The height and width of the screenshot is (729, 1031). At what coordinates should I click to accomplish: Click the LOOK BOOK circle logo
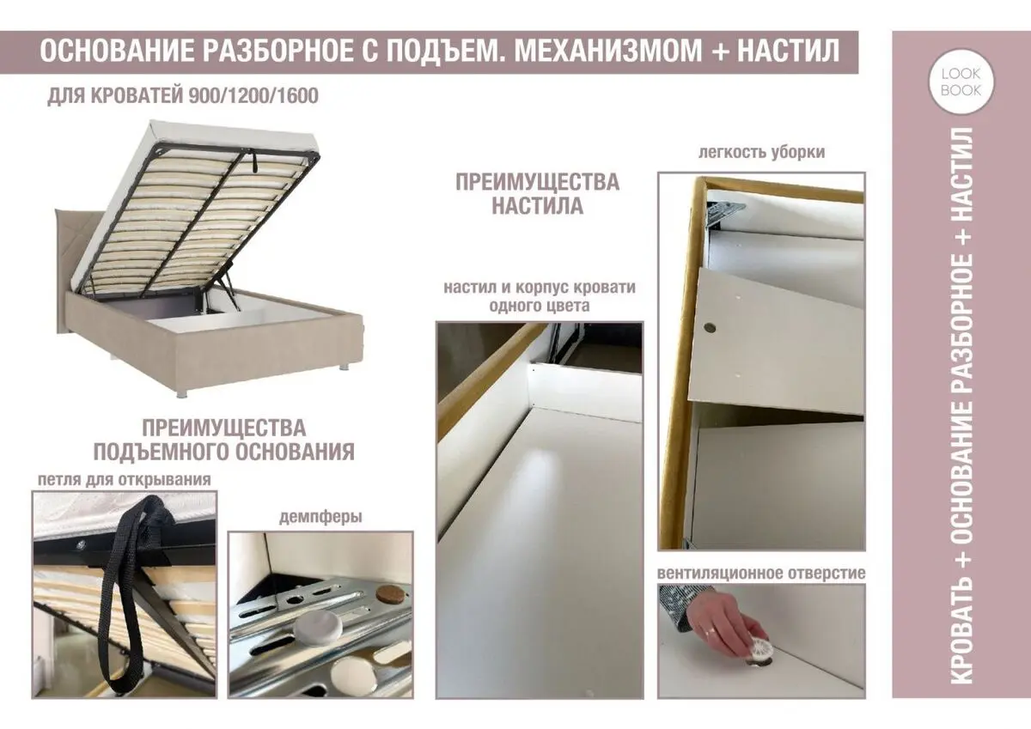coord(960,83)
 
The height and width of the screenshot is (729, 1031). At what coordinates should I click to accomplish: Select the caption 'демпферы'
coord(320,517)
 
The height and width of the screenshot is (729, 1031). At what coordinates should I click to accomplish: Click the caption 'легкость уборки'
coord(762,152)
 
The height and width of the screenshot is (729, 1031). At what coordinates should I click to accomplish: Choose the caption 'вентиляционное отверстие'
coord(761,572)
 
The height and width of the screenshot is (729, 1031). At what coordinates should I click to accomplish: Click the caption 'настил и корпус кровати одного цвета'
coord(540,295)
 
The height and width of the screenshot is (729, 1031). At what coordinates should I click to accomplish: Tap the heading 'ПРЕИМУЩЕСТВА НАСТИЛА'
coord(538,194)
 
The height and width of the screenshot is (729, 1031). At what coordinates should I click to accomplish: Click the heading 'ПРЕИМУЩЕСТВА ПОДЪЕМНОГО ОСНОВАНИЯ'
coord(223,440)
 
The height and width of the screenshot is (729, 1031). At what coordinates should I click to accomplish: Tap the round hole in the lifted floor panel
coord(710,327)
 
